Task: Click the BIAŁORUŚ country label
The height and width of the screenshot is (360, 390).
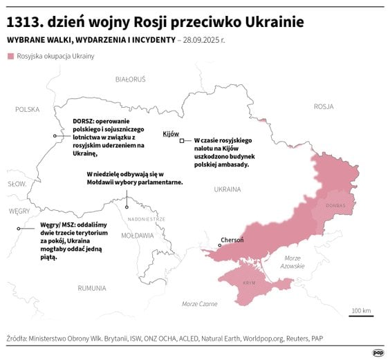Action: pyautogui.click(x=131, y=79)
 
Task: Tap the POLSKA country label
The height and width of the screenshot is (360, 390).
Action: pyautogui.click(x=28, y=109)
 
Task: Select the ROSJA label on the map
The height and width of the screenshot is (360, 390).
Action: pyautogui.click(x=324, y=106)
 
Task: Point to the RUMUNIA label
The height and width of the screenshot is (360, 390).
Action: pyautogui.click(x=91, y=287)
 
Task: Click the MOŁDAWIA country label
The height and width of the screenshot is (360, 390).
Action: pyautogui.click(x=138, y=235)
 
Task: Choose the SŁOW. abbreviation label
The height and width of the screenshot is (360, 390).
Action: pyautogui.click(x=17, y=184)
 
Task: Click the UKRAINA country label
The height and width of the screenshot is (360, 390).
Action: pyautogui.click(x=228, y=189)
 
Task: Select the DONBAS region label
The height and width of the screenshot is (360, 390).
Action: pyautogui.click(x=335, y=205)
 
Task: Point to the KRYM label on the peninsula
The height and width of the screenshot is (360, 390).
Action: pyautogui.click(x=250, y=284)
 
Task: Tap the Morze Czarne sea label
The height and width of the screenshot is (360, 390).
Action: pyautogui.click(x=199, y=304)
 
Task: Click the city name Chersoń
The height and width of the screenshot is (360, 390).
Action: pyautogui.click(x=232, y=240)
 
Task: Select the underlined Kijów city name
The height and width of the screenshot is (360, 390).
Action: pyautogui.click(x=170, y=133)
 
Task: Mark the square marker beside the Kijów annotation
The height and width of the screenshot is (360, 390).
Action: pyautogui.click(x=182, y=140)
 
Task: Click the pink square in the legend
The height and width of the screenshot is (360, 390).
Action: pyautogui.click(x=10, y=55)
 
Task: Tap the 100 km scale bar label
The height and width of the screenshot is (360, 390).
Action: pyautogui.click(x=361, y=310)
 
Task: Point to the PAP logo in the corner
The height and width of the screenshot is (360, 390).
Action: pyautogui.click(x=378, y=352)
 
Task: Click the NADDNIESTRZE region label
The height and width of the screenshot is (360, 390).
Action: pyautogui.click(x=147, y=218)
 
